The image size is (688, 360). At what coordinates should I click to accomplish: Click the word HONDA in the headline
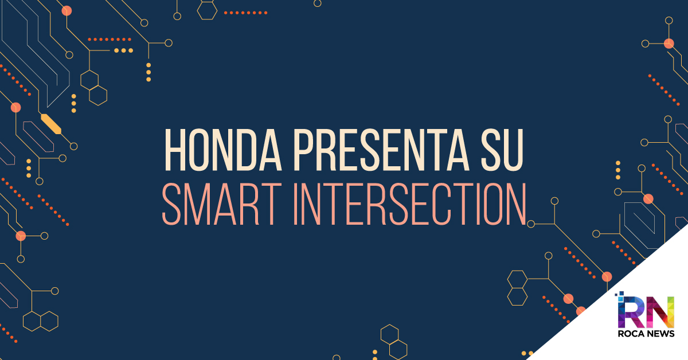(x=223, y=150)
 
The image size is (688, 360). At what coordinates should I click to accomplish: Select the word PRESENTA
(x=382, y=150)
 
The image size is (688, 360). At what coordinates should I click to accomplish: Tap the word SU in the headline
(x=502, y=150)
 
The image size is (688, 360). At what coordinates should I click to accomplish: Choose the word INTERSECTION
(x=410, y=204)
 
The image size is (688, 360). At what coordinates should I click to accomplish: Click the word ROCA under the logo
(x=630, y=334)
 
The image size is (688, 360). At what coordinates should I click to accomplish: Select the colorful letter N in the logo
(x=660, y=312)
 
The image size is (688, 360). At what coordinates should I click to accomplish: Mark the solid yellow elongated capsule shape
(x=51, y=124)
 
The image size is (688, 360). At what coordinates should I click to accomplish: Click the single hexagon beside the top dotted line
(x=207, y=10)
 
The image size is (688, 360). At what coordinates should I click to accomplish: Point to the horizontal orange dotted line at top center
(x=246, y=13)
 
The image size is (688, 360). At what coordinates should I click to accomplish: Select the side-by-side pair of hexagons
(x=41, y=321)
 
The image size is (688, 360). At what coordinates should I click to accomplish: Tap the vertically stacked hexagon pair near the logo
(x=517, y=288)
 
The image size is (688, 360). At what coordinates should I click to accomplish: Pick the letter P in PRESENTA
(x=304, y=150)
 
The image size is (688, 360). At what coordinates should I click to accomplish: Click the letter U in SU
(x=513, y=150)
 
